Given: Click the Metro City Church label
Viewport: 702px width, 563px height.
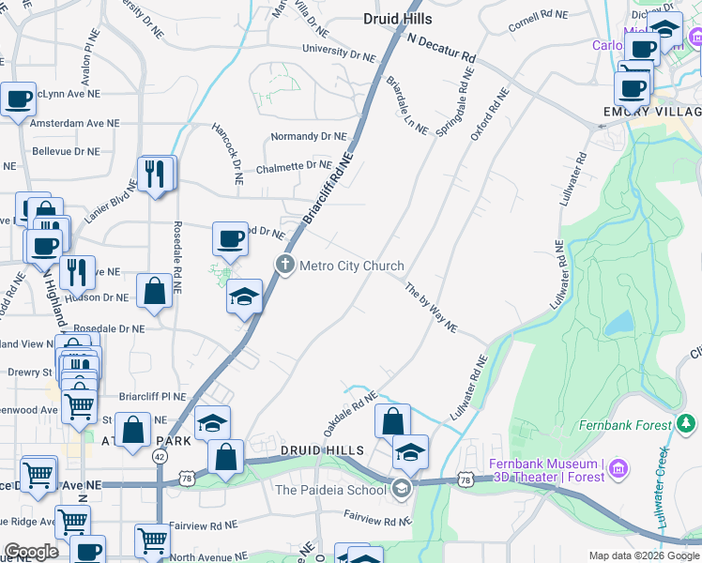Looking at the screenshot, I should pyautogui.click(x=352, y=266).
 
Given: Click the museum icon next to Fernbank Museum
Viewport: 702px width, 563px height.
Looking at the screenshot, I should pyautogui.click(x=618, y=466).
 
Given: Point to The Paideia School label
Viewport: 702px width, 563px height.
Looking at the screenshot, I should pyautogui.click(x=330, y=489).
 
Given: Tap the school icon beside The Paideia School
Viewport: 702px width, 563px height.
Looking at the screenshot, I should pyautogui.click(x=402, y=488).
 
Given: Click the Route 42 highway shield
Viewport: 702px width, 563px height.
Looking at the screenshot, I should pyautogui.click(x=160, y=455).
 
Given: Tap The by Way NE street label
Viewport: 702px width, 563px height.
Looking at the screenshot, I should pyautogui.click(x=431, y=307).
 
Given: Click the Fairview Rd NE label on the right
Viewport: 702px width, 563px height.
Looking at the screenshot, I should pyautogui.click(x=377, y=517).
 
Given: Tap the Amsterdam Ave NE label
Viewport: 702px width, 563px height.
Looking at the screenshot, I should pyautogui.click(x=75, y=123).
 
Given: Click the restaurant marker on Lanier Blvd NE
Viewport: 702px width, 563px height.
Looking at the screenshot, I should pyautogui.click(x=155, y=174).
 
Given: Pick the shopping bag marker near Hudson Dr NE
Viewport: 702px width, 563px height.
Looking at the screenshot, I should pyautogui.click(x=154, y=291).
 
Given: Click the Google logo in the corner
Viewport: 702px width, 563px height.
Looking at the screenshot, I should pyautogui.click(x=31, y=553).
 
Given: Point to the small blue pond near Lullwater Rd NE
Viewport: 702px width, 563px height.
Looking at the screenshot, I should pyautogui.click(x=618, y=323).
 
